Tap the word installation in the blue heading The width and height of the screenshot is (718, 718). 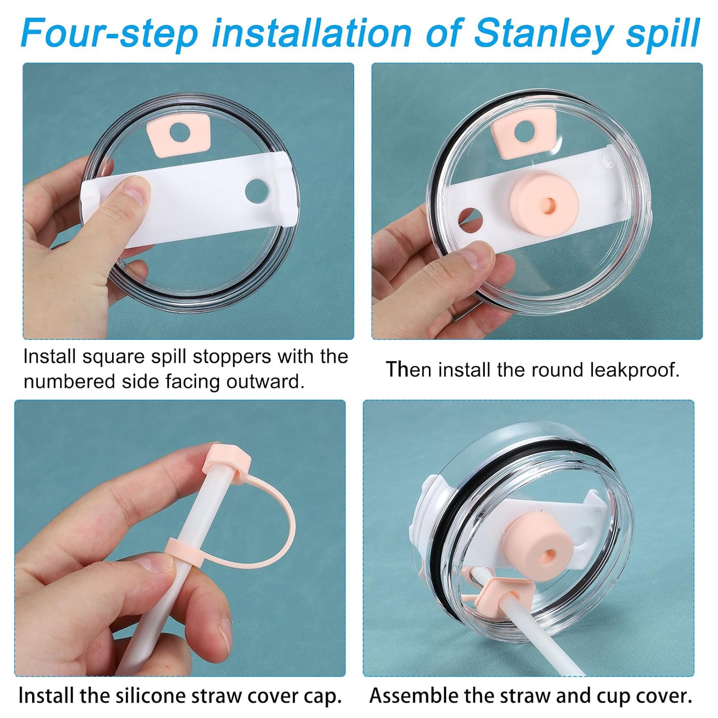312,33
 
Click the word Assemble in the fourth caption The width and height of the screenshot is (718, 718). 412,696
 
